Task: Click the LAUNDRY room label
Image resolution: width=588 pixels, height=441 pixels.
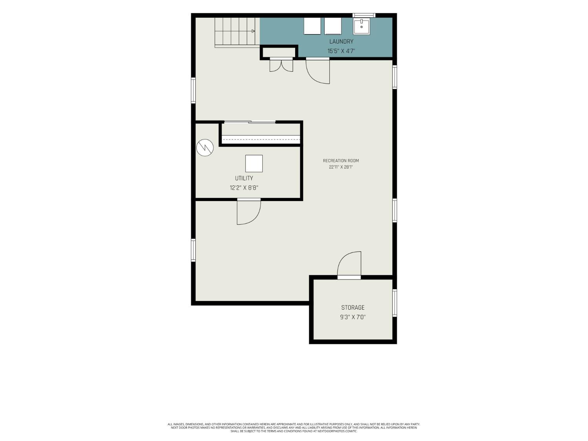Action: [341, 42]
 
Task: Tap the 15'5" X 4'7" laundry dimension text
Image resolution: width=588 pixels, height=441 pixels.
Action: [341, 51]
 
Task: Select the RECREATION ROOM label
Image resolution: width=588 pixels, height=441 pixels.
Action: [341, 161]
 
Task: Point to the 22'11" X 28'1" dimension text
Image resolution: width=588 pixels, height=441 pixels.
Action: [341, 167]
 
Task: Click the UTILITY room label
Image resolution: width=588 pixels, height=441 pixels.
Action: [244, 178]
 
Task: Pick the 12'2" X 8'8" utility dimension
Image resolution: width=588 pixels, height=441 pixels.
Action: [244, 188]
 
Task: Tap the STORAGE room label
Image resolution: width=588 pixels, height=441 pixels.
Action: [353, 308]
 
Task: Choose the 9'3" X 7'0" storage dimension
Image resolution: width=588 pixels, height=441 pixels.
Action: [353, 317]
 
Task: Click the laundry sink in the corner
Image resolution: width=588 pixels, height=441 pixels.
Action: [361, 26]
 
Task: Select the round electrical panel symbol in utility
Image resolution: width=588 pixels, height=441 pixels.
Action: [205, 147]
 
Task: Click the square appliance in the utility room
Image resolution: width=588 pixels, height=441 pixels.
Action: [254, 163]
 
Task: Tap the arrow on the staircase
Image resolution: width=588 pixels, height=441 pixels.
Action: [253, 31]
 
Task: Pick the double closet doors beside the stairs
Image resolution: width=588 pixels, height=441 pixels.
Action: [281, 65]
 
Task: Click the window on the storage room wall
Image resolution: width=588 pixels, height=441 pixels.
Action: [395, 303]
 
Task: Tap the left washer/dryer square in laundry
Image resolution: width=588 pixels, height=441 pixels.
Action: [312, 26]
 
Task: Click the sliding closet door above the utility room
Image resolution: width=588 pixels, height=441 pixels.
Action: [250, 122]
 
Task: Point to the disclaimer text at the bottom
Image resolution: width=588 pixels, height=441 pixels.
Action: [294, 428]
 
